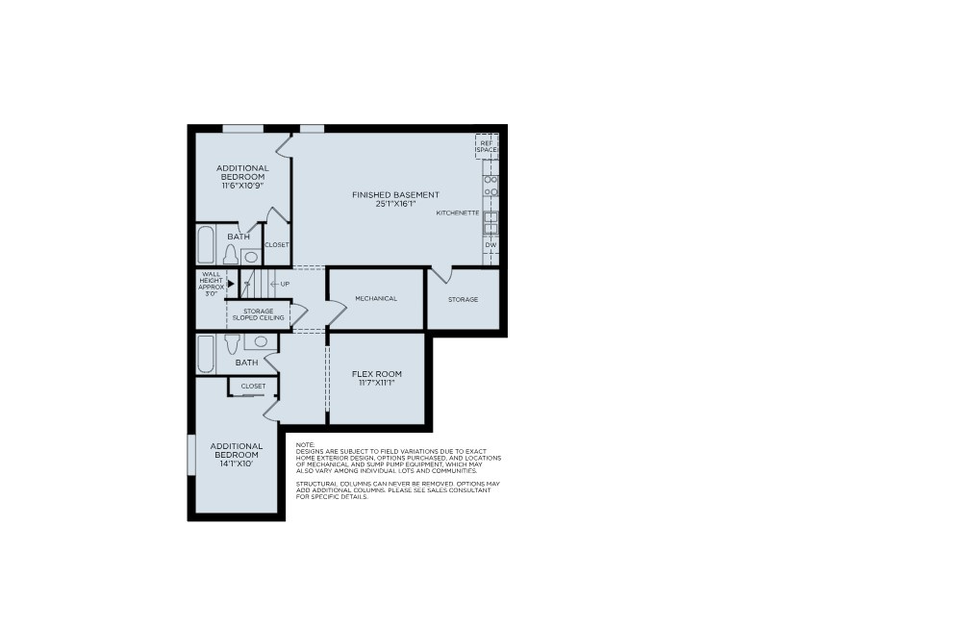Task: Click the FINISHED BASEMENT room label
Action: click(x=395, y=195)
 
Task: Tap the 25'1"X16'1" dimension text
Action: click(x=395, y=204)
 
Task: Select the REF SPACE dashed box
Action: click(x=487, y=146)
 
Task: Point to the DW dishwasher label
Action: click(x=491, y=245)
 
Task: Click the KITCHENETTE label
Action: click(x=458, y=213)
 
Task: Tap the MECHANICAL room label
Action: click(x=376, y=299)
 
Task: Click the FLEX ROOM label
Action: click(x=376, y=374)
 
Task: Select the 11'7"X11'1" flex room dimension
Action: click(x=376, y=383)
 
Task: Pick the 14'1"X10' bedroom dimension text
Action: click(x=237, y=463)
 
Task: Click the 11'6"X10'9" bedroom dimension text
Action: click(x=242, y=186)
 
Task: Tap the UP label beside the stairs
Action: click(x=285, y=284)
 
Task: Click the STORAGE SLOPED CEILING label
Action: click(x=258, y=314)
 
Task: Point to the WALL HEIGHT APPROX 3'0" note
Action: click(x=211, y=284)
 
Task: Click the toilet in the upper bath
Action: click(x=231, y=255)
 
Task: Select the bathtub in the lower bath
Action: click(x=206, y=353)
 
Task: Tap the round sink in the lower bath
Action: click(x=261, y=341)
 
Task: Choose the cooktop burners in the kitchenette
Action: click(x=491, y=186)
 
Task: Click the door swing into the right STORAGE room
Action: click(x=440, y=275)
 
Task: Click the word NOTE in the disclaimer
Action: click(x=305, y=444)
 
